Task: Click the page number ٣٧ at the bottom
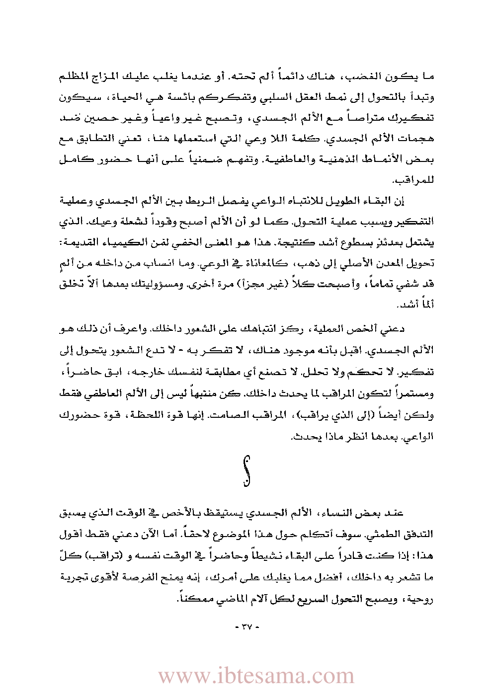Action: [246, 627]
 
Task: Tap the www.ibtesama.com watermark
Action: [256, 676]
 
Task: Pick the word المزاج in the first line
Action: [113, 77]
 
